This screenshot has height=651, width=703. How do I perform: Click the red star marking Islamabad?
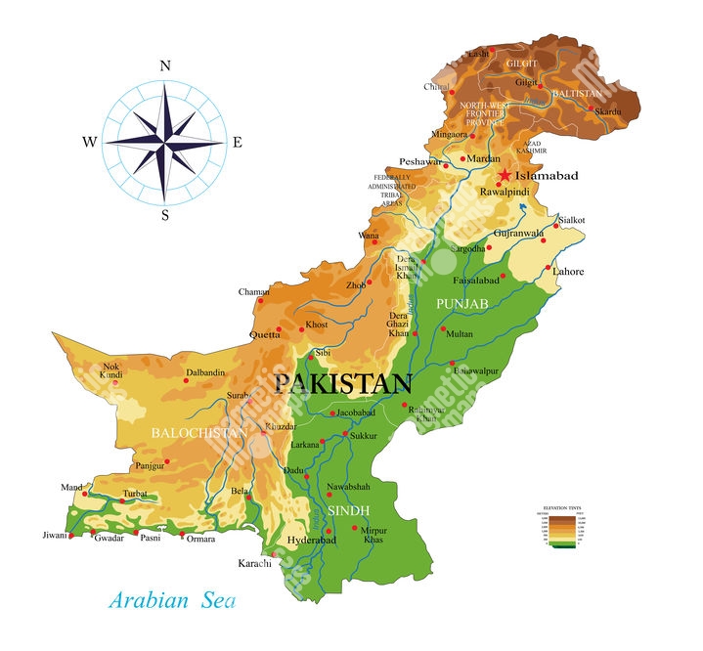(504, 175)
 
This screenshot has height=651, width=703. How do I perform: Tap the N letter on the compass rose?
(164, 66)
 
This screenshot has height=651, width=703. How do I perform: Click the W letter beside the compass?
(89, 142)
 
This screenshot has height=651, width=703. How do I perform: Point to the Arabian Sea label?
(171, 598)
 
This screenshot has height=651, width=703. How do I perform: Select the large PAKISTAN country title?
(342, 382)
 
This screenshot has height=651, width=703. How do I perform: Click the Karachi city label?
(255, 563)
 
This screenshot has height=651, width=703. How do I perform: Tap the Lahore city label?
(567, 271)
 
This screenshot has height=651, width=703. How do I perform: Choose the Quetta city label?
(265, 334)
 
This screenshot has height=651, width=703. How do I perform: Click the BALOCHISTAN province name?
(198, 431)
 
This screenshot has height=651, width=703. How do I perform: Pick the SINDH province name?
(347, 511)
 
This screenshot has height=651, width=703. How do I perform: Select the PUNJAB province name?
(462, 305)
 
